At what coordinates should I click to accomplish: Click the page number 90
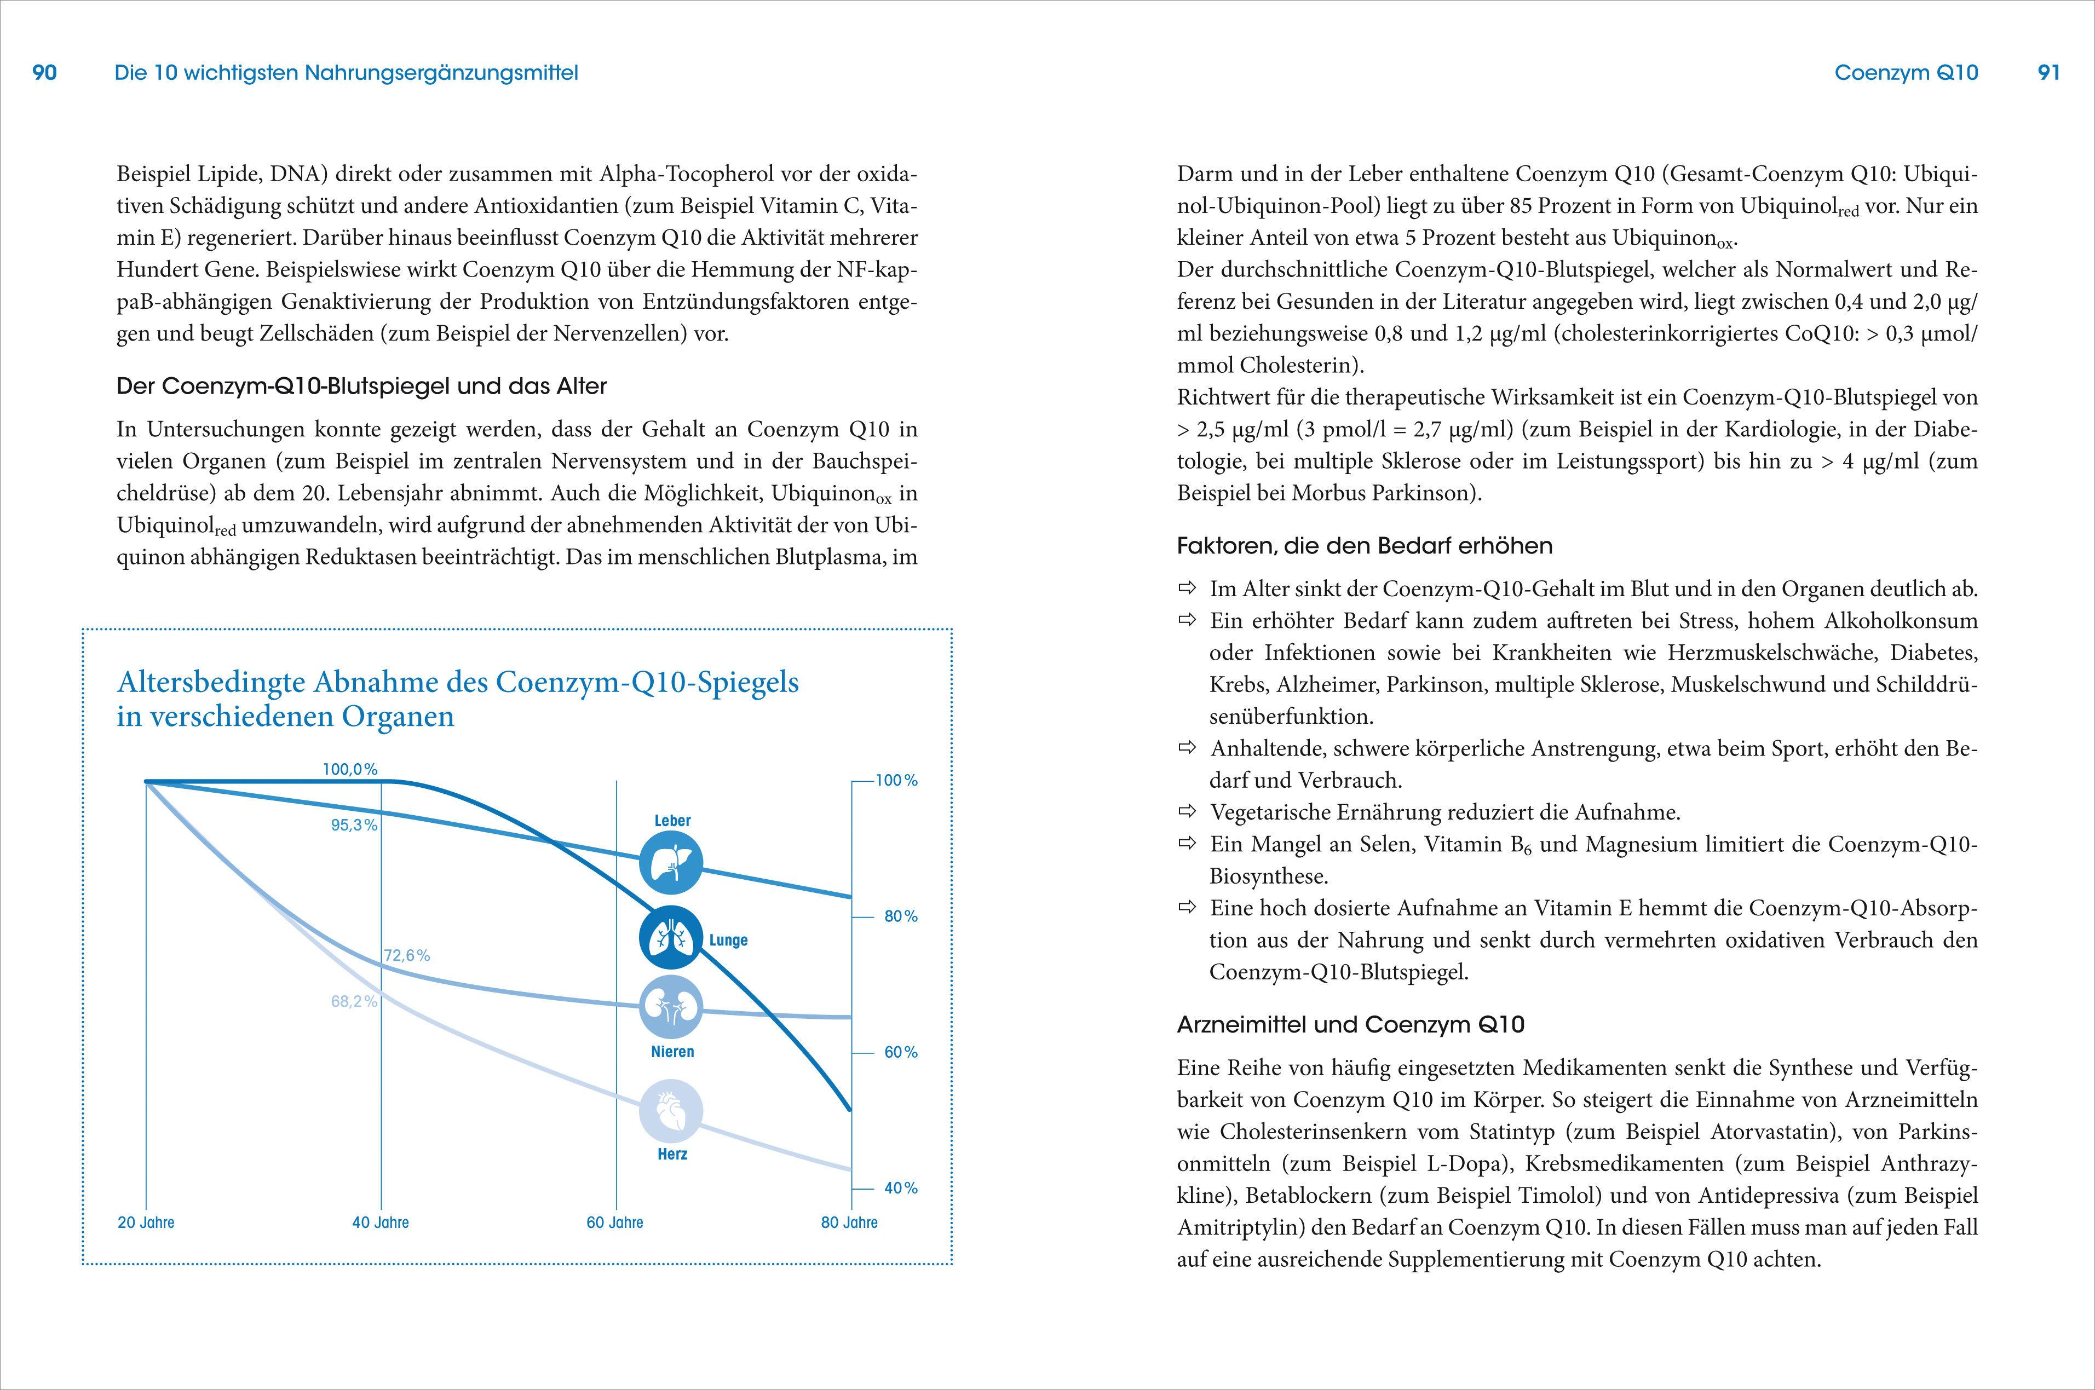[44, 73]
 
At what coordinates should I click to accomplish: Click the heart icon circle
[671, 1111]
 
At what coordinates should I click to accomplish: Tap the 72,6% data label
[407, 956]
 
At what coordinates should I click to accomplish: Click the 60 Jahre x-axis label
[614, 1222]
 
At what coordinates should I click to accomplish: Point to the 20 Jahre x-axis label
[146, 1222]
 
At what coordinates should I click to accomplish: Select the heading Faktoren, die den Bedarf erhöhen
[1365, 546]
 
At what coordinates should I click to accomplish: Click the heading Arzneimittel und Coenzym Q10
[1350, 1025]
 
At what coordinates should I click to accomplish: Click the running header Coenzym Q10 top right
[1906, 73]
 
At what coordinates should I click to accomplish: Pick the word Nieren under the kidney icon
[672, 1052]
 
